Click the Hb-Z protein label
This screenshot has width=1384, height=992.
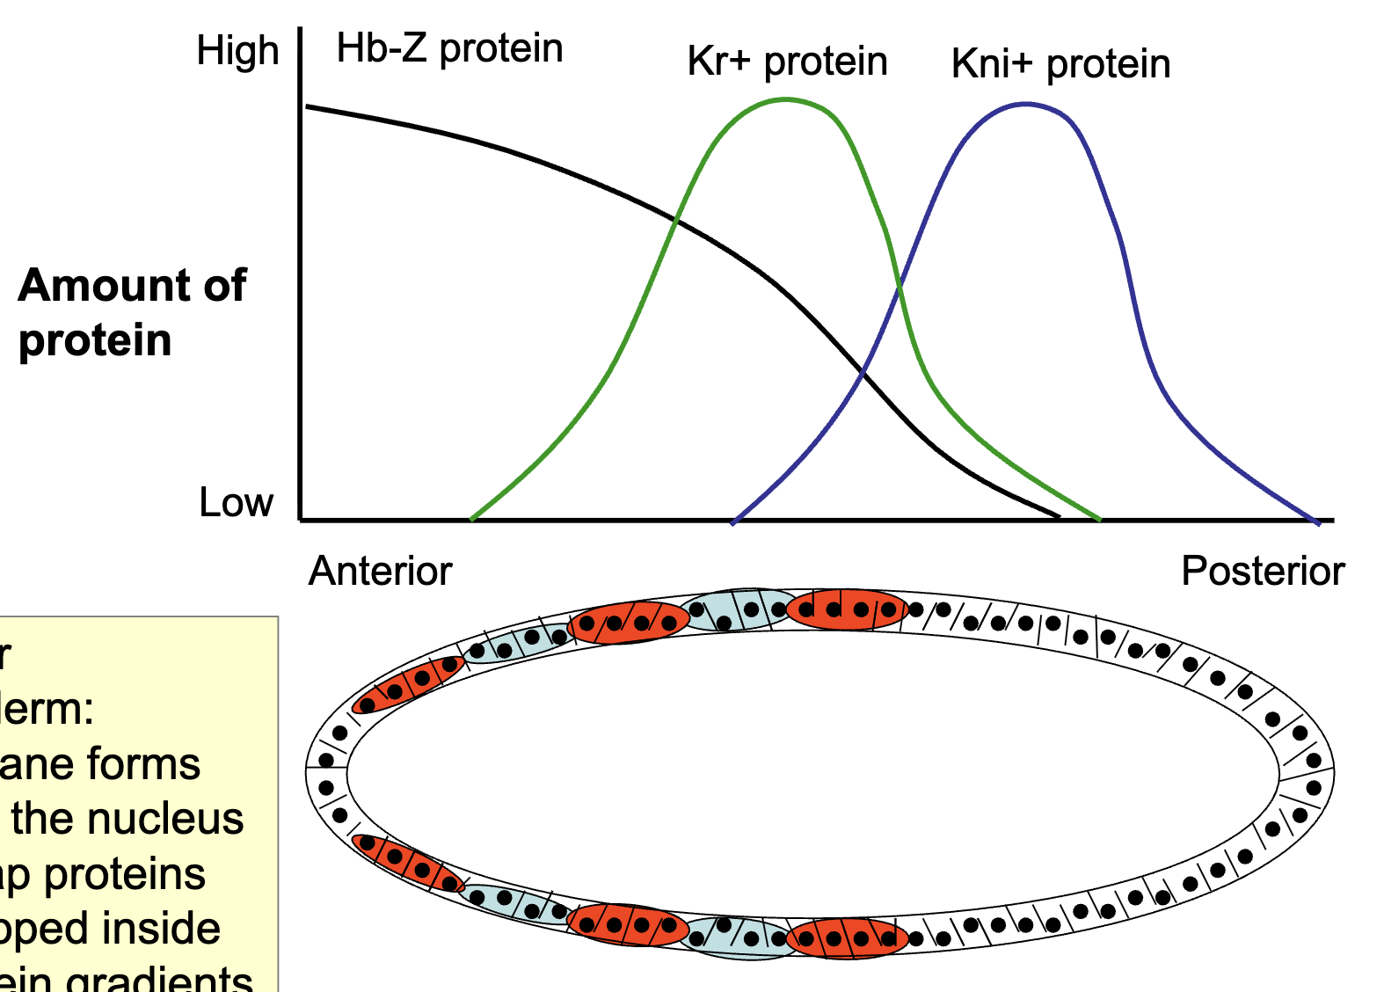448,48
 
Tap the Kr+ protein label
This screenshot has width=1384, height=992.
787,62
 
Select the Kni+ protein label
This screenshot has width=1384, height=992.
1060,64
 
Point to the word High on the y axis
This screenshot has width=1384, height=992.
237,51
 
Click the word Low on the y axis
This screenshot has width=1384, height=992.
236,502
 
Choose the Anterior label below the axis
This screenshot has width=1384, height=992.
380,571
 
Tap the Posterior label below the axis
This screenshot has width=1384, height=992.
1262,571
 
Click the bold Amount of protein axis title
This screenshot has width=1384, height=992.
132,312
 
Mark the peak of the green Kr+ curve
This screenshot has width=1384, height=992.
785,100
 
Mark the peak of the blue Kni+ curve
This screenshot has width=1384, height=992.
1025,105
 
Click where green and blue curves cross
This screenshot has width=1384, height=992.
899,287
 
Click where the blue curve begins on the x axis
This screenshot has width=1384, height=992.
733,522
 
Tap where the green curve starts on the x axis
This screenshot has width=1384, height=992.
472,519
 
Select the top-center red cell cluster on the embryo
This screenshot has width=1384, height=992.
846,609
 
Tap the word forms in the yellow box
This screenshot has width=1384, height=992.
149,764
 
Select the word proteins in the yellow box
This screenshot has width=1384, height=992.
125,874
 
